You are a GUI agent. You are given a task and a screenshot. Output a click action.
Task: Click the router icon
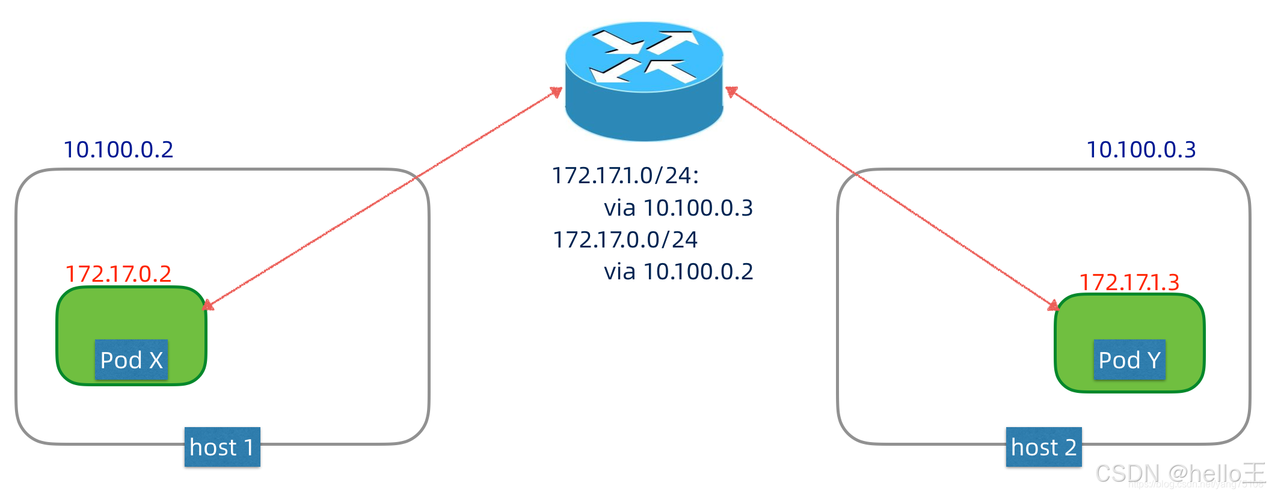pos(644,81)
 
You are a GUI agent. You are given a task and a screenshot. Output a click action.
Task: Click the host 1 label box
pos(222,447)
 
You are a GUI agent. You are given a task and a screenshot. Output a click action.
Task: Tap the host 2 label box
pos(1043,447)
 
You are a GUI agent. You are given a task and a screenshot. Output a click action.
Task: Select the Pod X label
pos(131,360)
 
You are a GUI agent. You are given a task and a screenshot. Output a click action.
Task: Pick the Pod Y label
pos(1129,360)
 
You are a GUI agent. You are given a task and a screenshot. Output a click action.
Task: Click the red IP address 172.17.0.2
pos(118,274)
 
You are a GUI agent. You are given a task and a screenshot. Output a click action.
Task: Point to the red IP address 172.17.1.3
pos(1129,282)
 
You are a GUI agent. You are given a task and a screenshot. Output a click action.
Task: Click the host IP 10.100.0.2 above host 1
pos(118,150)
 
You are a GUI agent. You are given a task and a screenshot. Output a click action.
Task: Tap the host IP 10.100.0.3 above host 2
pos(1141,150)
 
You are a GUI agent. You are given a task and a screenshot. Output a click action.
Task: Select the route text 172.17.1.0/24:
pos(625,175)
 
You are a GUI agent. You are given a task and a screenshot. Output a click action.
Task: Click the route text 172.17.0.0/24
pos(625,240)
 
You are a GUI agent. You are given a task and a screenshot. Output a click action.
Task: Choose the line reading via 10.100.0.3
pos(678,208)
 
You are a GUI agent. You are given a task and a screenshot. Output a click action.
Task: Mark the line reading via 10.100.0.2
pos(678,272)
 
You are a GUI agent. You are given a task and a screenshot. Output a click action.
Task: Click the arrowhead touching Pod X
pos(208,305)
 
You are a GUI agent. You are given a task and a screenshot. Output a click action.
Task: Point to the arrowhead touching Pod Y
pos(1054,306)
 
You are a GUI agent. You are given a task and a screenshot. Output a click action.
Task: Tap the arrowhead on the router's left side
pos(557,92)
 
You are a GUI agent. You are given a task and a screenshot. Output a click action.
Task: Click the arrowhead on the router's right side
pos(731,91)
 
